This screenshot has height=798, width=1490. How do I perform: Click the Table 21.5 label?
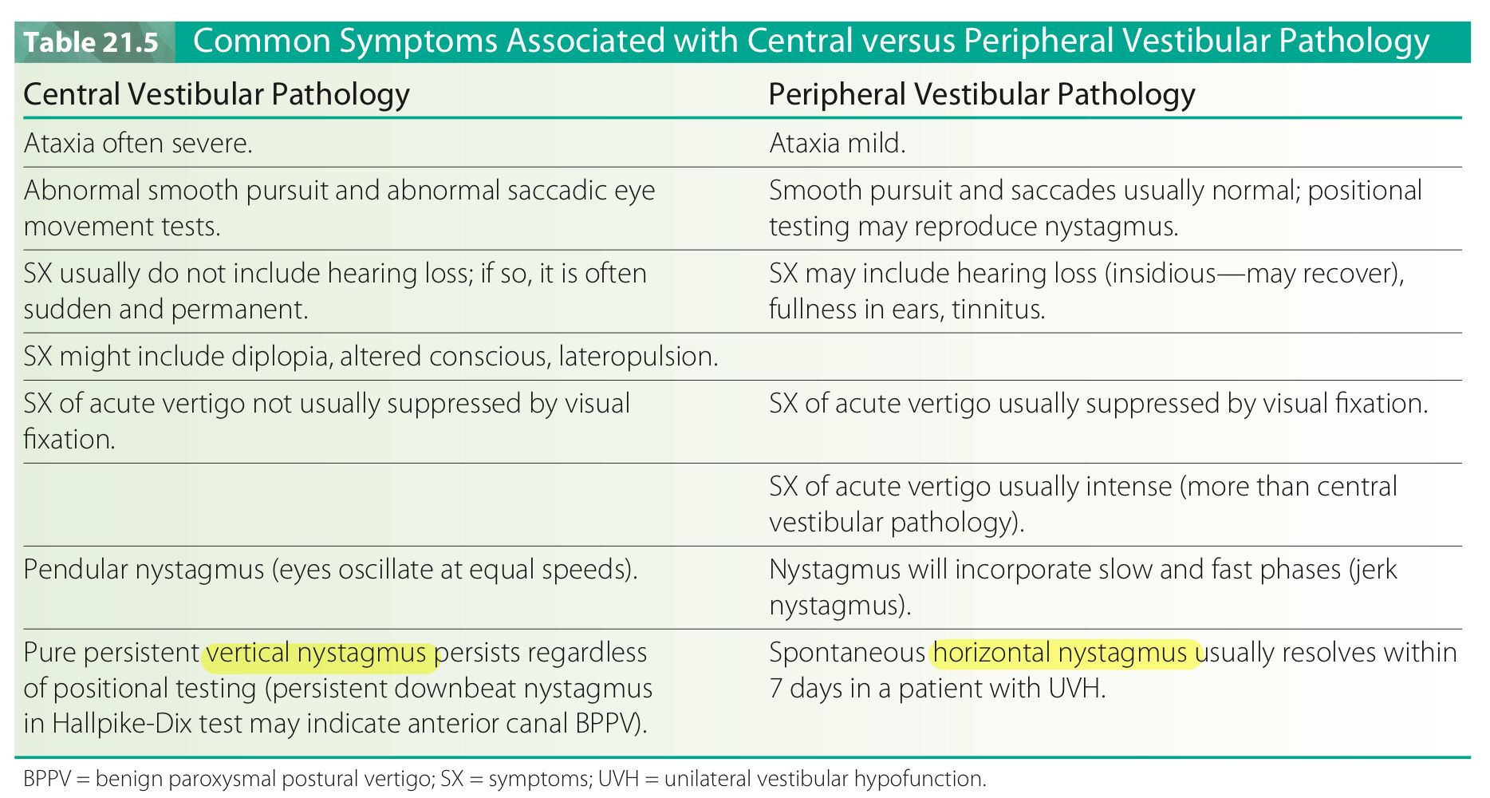click(x=91, y=42)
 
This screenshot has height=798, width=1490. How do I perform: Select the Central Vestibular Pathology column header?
click(x=217, y=94)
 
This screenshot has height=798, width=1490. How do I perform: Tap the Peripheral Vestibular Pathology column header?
click(x=982, y=94)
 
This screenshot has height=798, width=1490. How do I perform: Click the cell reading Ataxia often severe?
click(x=138, y=143)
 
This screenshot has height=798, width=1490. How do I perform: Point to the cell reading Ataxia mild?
click(x=838, y=143)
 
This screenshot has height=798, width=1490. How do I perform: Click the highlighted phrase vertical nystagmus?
click(x=317, y=653)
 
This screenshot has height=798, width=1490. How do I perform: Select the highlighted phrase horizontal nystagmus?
click(x=1060, y=653)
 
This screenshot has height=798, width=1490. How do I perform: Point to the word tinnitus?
click(x=998, y=309)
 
